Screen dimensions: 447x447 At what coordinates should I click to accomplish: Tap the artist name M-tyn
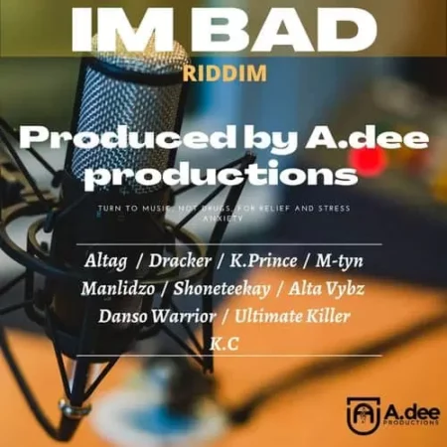[341, 261]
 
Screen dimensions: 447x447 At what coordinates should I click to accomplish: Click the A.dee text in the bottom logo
[407, 406]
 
